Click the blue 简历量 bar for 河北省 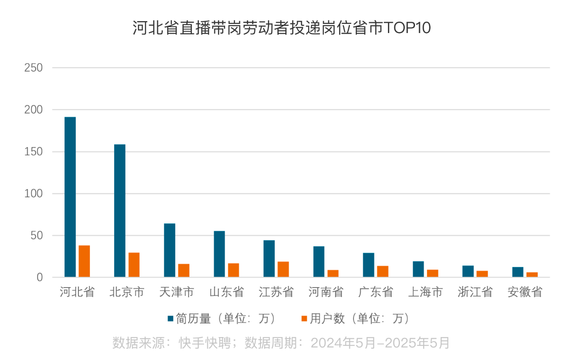coord(70,197)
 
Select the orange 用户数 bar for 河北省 coord(84,261)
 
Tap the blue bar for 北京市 coord(120,211)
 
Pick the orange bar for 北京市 coord(134,265)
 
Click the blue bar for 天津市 coord(170,250)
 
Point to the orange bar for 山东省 coord(233,270)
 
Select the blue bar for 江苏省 coord(269,259)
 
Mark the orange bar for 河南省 coord(333,273)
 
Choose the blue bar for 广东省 coord(369,265)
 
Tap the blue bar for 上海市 coord(418,269)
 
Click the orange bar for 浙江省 coord(482,274)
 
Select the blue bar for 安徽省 coord(518,272)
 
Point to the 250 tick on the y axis coord(33,68)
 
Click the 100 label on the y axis coord(33,194)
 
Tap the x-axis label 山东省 coord(227,292)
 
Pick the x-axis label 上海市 coord(425,292)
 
